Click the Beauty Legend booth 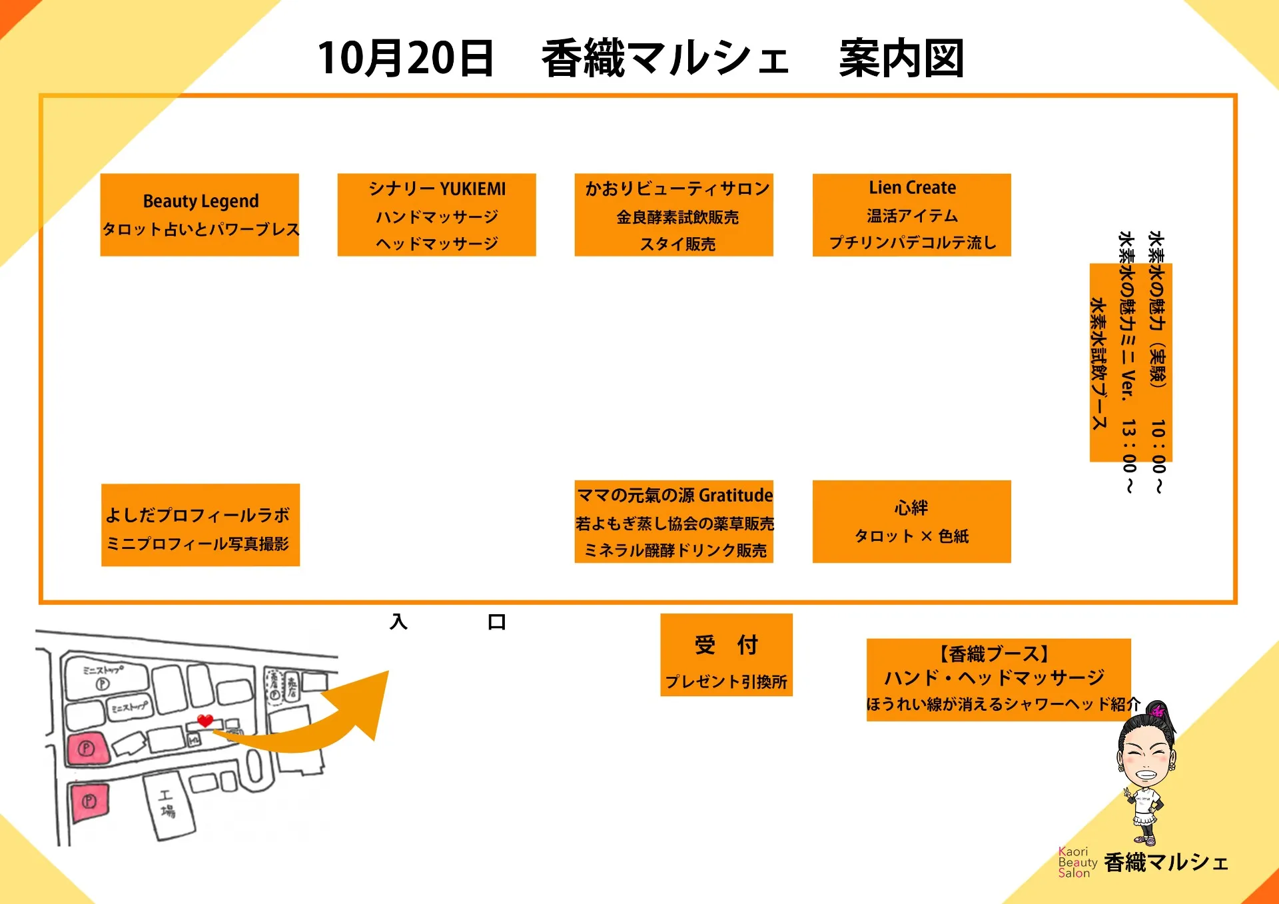pos(199,215)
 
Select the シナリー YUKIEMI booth pos(436,215)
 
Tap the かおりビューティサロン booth pos(673,215)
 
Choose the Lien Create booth pos(911,215)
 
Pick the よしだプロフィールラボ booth pos(200,525)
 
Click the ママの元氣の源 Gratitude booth pos(673,522)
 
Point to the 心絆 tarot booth pos(911,522)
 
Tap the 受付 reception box pos(726,655)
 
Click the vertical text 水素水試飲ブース pos(1098,363)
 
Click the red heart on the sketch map pos(205,720)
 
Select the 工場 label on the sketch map pos(167,803)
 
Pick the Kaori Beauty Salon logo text pos(1076,862)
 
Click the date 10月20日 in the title pos(405,59)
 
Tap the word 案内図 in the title pos(901,59)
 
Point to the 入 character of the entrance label pos(398,622)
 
